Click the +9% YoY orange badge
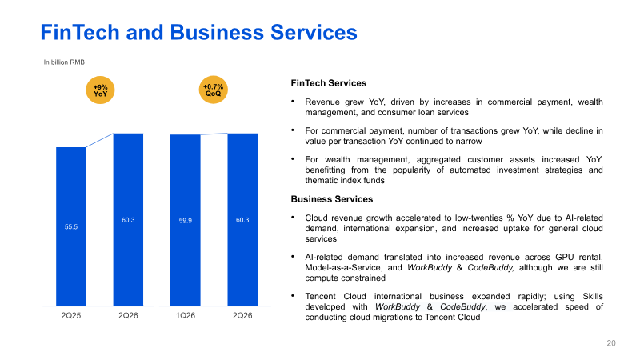point(100,90)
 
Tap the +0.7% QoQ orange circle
point(213,90)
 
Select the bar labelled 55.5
point(71,226)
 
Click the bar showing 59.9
point(186,220)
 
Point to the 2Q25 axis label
point(71,315)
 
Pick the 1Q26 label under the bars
point(186,315)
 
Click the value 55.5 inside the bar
point(71,227)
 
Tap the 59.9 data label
point(186,221)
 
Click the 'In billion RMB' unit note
point(64,62)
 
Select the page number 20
point(611,343)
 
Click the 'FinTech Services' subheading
point(329,83)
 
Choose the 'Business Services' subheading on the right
point(332,199)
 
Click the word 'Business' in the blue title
point(217,32)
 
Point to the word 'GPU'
point(565,257)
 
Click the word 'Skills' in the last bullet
point(593,296)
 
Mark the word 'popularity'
point(411,170)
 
